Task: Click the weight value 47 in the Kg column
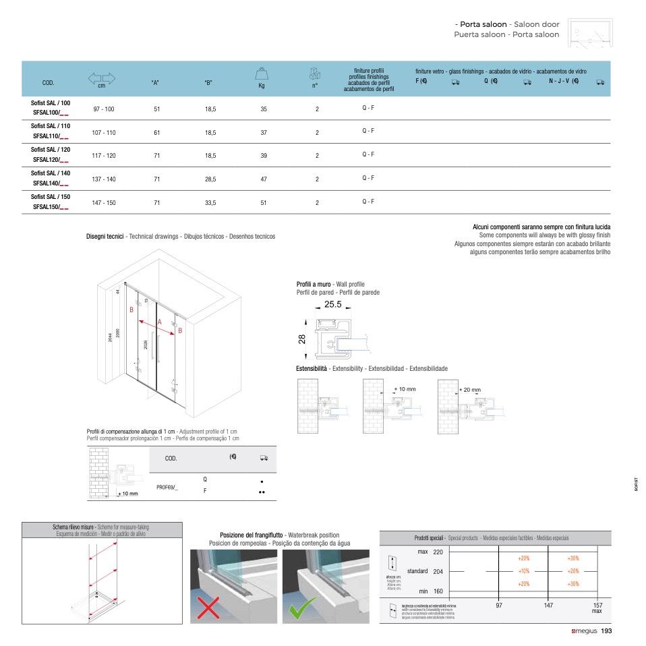(x=264, y=180)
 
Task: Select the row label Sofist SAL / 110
(x=51, y=126)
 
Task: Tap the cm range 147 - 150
(x=104, y=203)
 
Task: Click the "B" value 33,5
(x=210, y=203)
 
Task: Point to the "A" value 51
(x=157, y=109)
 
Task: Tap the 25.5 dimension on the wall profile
(x=333, y=305)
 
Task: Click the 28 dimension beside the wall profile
(x=302, y=339)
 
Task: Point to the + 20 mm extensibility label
(x=470, y=390)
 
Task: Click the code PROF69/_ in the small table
(x=167, y=486)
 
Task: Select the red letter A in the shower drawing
(x=160, y=322)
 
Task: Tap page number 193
(x=606, y=631)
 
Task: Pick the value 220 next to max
(x=438, y=552)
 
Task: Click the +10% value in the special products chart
(x=524, y=571)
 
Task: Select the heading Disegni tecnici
(x=105, y=237)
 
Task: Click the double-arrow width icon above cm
(x=102, y=78)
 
